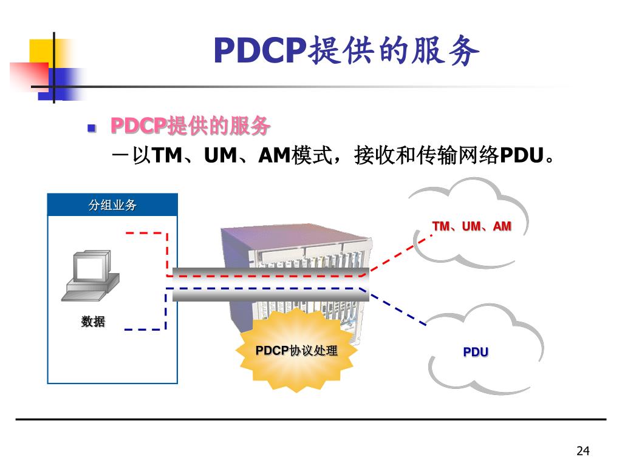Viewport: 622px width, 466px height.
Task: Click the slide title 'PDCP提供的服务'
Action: point(346,51)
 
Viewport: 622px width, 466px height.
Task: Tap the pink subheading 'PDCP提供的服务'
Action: point(190,127)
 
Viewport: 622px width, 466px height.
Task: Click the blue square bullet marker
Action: point(92,128)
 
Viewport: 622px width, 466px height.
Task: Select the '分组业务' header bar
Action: point(112,205)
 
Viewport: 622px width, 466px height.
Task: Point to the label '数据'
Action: point(93,322)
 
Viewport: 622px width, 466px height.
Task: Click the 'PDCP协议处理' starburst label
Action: point(296,351)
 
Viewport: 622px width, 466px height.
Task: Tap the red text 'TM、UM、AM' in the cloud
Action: point(471,226)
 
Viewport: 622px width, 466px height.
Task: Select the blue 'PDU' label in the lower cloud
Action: point(476,352)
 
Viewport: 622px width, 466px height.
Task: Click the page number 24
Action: point(583,450)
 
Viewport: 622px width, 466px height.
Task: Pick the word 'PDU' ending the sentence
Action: point(520,156)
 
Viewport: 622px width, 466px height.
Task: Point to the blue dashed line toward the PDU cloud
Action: point(398,309)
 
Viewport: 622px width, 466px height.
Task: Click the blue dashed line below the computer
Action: point(146,329)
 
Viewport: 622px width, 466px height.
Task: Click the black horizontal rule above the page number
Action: point(311,419)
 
